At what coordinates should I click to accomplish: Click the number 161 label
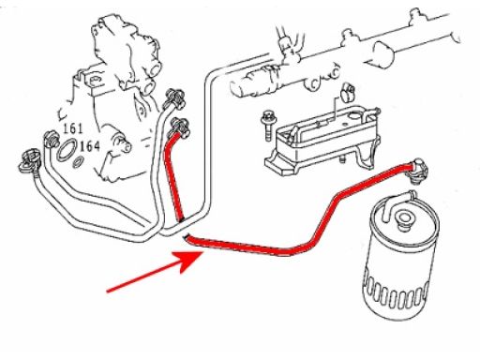(73, 128)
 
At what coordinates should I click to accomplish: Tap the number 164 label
(90, 146)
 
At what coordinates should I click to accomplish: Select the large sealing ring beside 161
(67, 150)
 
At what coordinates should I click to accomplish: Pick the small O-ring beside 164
(78, 162)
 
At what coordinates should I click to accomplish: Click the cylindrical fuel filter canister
(400, 260)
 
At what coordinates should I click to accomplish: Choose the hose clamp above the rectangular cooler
(349, 93)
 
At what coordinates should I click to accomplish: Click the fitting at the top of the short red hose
(179, 127)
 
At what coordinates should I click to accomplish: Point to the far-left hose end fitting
(29, 162)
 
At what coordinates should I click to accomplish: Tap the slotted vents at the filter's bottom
(395, 293)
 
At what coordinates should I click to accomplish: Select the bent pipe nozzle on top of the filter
(399, 199)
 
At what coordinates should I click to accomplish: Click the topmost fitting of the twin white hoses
(175, 98)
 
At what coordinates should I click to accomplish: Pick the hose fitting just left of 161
(51, 140)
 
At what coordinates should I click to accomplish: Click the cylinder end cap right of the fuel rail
(383, 53)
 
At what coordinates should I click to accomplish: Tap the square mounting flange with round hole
(95, 82)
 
